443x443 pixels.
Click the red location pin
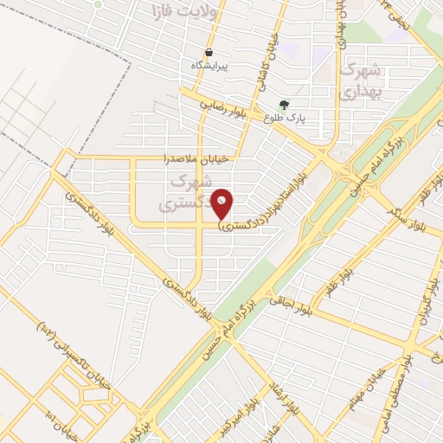point(222,203)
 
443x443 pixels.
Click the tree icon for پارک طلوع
point(284,106)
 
